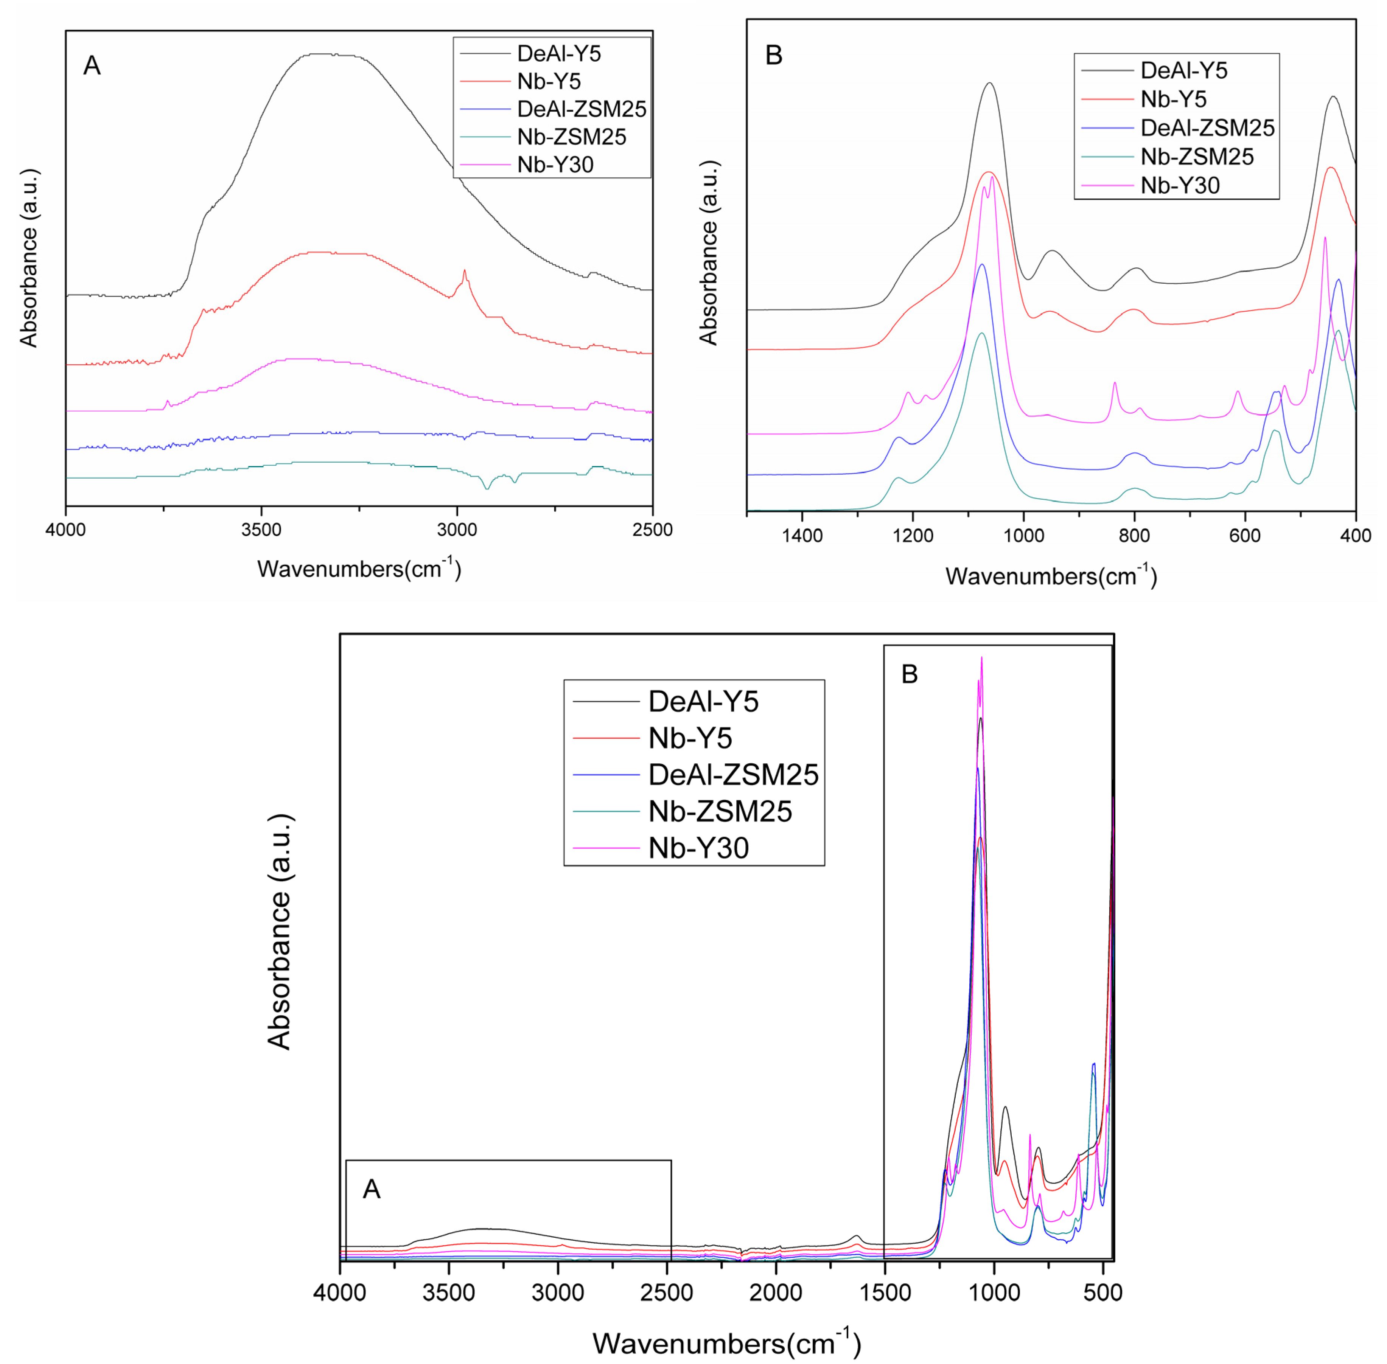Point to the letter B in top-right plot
click(x=774, y=55)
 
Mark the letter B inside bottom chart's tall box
click(x=909, y=674)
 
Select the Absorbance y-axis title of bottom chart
click(x=280, y=931)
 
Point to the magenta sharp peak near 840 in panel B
click(x=1114, y=383)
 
